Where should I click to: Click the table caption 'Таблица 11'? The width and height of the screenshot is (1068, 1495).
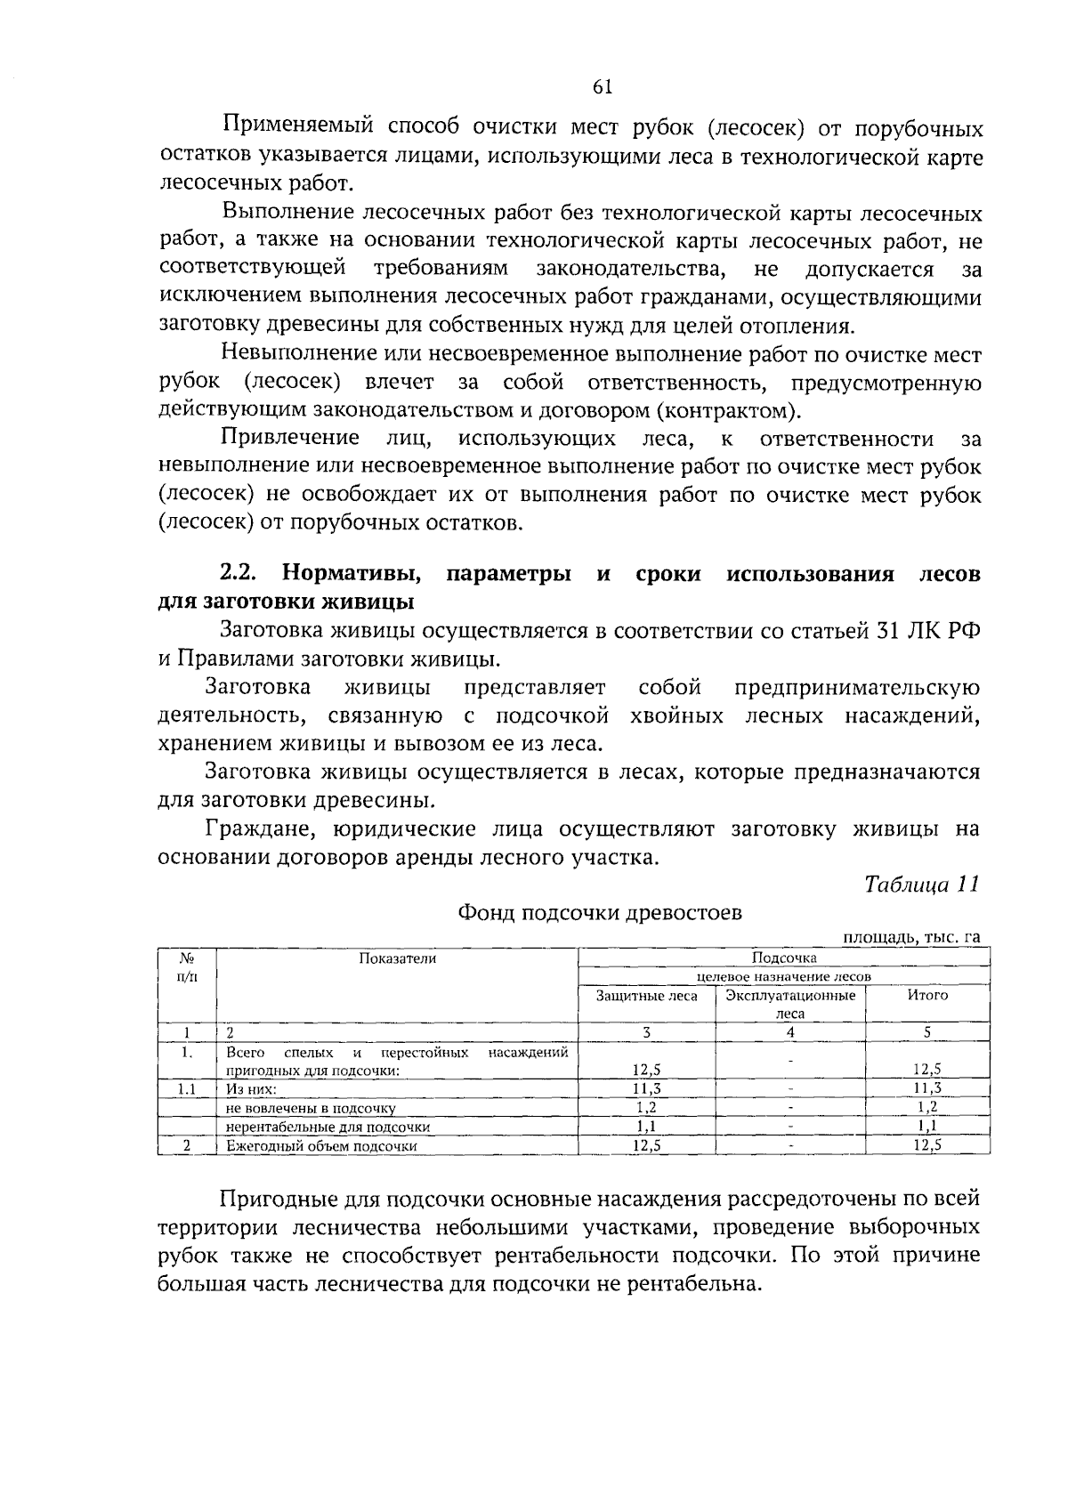click(x=922, y=885)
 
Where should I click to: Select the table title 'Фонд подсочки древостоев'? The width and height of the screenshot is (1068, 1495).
click(x=599, y=912)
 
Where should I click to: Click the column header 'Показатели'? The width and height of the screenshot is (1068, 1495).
click(x=398, y=958)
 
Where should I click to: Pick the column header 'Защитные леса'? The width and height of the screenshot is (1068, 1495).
click(x=646, y=996)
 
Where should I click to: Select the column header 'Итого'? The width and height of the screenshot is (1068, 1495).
click(x=927, y=996)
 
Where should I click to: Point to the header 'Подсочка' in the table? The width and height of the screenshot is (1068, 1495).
click(x=784, y=958)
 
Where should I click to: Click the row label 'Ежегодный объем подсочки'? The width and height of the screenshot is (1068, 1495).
click(x=321, y=1146)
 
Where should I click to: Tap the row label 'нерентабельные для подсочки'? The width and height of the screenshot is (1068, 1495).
click(x=328, y=1127)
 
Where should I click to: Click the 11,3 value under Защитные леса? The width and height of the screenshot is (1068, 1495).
click(x=646, y=1088)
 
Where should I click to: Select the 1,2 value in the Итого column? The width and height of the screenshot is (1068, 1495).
click(x=927, y=1108)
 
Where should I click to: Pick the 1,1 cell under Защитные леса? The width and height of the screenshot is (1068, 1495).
click(x=646, y=1127)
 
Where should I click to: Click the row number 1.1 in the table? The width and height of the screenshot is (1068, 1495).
click(x=187, y=1088)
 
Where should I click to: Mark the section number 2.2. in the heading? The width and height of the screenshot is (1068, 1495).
click(x=239, y=574)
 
